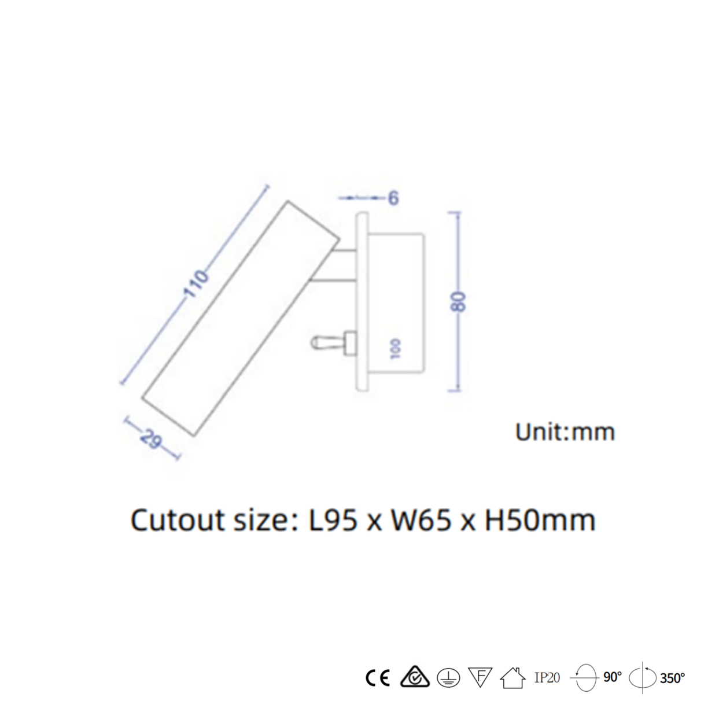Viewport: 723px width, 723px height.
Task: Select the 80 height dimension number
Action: [x=458, y=301]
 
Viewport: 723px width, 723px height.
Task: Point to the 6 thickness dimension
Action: [x=393, y=198]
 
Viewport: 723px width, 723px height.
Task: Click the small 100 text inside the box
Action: [x=396, y=349]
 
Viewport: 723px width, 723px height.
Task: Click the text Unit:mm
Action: [x=565, y=432]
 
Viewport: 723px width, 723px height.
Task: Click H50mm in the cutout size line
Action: [x=539, y=520]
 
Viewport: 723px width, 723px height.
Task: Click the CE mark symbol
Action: [x=378, y=677]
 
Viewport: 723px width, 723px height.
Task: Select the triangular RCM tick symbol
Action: [x=414, y=677]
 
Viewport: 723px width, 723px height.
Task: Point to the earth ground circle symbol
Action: [x=448, y=677]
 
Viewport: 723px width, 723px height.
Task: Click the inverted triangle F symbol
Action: [x=480, y=677]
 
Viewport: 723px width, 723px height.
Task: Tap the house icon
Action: [x=512, y=677]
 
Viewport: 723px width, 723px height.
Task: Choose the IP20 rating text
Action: [x=547, y=678]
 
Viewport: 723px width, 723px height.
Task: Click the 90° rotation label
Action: [x=613, y=677]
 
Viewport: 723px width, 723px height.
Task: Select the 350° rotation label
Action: [x=672, y=678]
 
